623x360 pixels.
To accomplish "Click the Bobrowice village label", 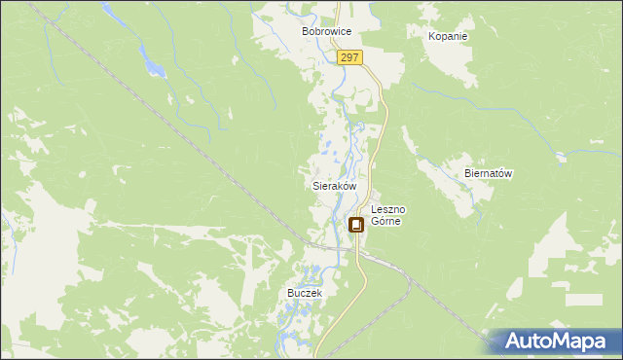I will tap(325, 32).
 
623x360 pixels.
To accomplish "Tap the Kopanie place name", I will tap(448, 36).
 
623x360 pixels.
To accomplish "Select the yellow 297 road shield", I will tap(351, 58).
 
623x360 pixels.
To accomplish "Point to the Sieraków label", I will tap(334, 185).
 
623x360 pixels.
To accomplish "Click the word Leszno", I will tap(388, 209).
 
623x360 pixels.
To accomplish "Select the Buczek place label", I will tap(304, 292).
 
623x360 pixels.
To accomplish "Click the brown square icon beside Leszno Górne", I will tap(356, 225).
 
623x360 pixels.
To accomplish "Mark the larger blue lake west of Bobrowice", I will tap(153, 66).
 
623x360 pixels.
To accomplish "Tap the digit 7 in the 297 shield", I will tap(357, 58).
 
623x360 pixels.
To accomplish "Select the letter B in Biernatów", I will tap(468, 173).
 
